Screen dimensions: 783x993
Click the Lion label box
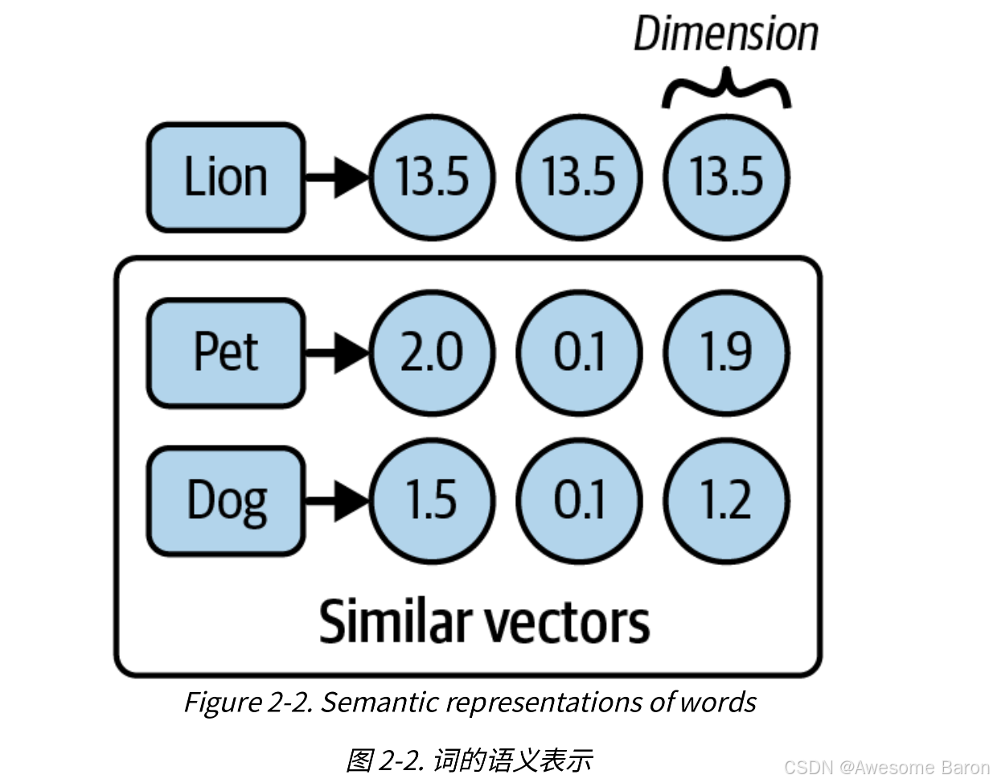point(226,177)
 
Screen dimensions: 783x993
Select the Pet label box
point(226,352)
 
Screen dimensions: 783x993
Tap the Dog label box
point(226,501)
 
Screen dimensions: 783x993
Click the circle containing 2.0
point(432,352)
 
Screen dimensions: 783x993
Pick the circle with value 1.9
point(727,352)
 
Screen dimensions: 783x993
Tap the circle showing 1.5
point(432,501)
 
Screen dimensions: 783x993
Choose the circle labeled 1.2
point(727,501)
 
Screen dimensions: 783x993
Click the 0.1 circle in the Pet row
point(579,352)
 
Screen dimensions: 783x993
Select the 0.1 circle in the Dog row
point(579,501)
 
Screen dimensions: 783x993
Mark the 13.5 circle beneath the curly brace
point(727,177)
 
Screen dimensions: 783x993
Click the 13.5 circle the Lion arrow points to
point(432,177)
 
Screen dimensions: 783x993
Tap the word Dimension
point(725,35)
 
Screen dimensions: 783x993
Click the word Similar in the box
point(394,622)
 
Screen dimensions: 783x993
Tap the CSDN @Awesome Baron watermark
point(886,767)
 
